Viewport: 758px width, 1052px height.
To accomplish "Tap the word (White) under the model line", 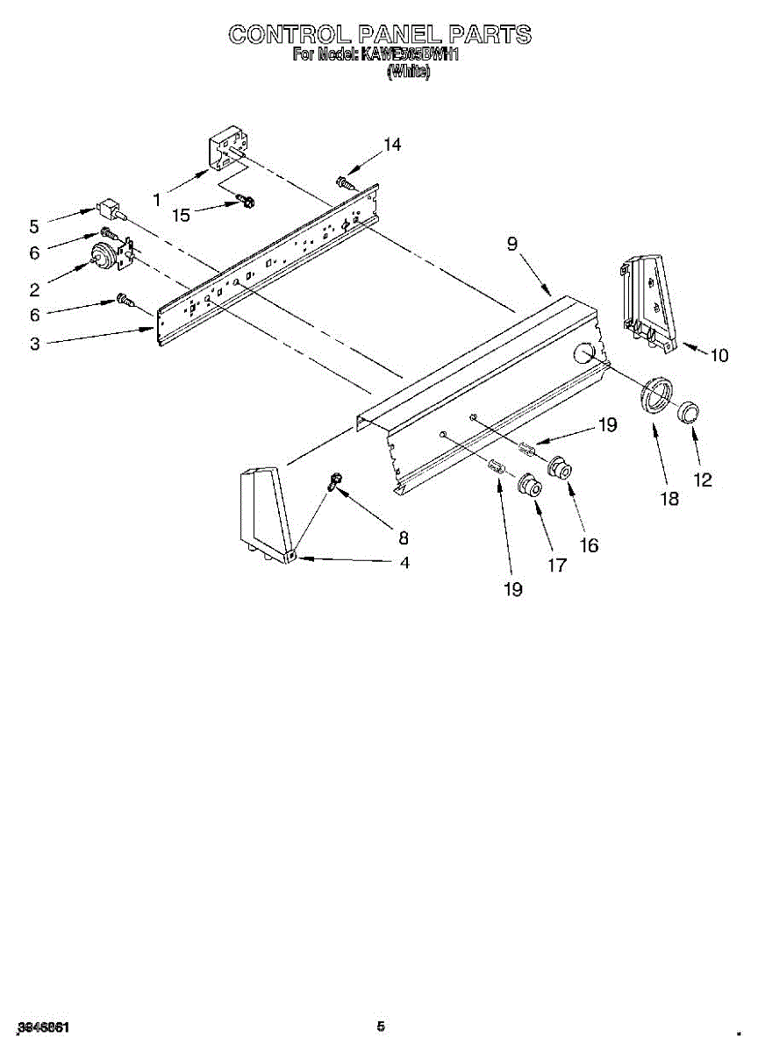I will click(408, 74).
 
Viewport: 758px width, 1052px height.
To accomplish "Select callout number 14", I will click(392, 146).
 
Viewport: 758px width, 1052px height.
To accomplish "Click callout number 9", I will click(511, 245).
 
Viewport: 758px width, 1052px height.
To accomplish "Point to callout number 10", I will click(719, 355).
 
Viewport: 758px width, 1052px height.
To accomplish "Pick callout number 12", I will click(701, 480).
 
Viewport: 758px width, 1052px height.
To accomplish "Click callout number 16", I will click(589, 545).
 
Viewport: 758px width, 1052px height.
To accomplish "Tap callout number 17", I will click(557, 565).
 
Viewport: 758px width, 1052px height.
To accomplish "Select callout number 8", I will click(404, 537).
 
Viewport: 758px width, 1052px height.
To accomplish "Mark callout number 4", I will click(404, 563).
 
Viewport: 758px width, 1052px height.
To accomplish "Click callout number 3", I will click(34, 345).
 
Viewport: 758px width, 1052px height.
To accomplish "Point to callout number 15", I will click(181, 214).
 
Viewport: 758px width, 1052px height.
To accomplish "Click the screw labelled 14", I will click(344, 182).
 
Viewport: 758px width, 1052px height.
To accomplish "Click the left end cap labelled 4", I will click(263, 513).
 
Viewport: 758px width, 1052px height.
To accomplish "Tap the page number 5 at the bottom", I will click(380, 1027).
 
